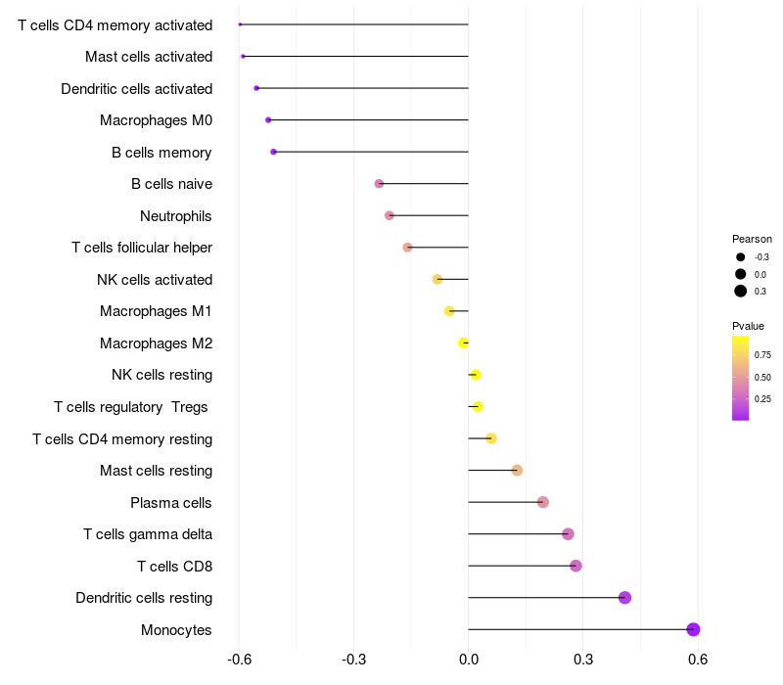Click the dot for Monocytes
click(693, 629)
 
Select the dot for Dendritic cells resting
click(624, 598)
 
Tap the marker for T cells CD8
click(576, 566)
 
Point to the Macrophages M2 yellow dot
click(464, 342)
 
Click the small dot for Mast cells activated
click(243, 57)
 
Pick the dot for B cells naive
click(379, 184)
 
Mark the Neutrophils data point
click(390, 215)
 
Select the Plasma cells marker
click(543, 502)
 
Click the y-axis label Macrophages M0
click(156, 120)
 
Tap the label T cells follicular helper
click(142, 248)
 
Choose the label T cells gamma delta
click(148, 534)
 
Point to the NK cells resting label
click(161, 375)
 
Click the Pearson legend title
click(752, 239)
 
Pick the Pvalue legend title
click(748, 326)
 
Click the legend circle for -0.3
click(741, 257)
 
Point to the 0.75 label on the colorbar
click(762, 354)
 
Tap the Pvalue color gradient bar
click(741, 378)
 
